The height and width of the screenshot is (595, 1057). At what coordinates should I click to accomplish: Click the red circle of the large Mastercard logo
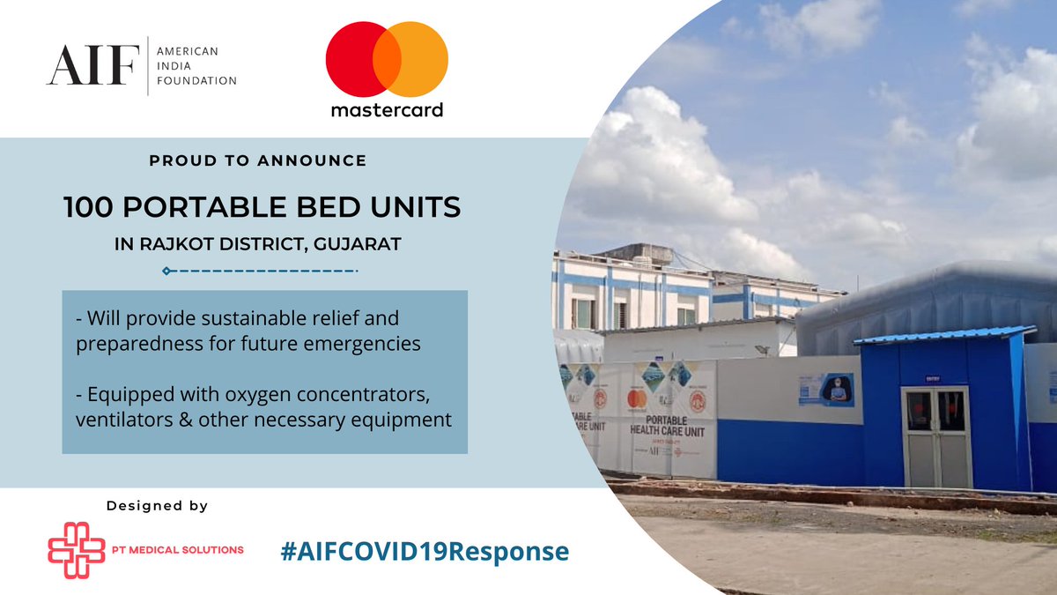(x=357, y=60)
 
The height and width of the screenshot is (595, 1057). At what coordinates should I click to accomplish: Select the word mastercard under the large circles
(x=387, y=110)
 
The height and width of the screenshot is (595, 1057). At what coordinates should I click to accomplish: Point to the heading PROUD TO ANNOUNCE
(x=258, y=161)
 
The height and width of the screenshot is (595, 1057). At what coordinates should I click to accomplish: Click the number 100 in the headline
(x=88, y=207)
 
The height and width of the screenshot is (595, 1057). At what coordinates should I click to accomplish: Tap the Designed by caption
(x=157, y=506)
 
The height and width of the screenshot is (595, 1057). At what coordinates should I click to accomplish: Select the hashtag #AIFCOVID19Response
(x=425, y=552)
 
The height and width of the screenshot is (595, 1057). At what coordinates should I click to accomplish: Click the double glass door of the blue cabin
(x=936, y=436)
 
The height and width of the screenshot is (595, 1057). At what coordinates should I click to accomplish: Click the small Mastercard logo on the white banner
(x=636, y=399)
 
